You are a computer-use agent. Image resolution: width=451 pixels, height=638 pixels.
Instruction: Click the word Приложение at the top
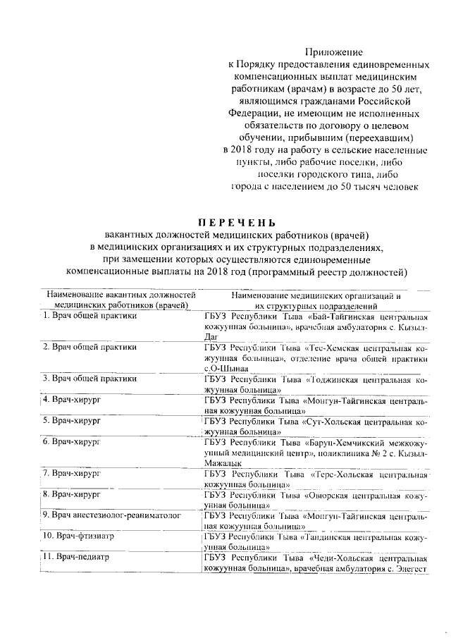pos(333,51)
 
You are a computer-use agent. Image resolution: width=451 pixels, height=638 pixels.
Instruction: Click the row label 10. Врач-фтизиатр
pos(78,536)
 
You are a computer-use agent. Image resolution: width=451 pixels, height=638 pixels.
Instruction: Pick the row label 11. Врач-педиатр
pos(76,557)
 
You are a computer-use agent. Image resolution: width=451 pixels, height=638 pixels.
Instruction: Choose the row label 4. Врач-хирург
pos(69,400)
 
